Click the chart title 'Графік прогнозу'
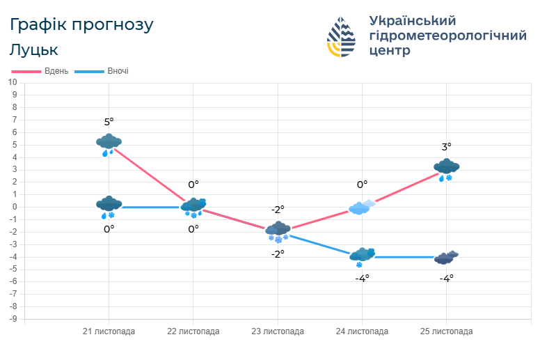pyautogui.click(x=81, y=25)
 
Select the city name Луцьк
pyautogui.click(x=34, y=50)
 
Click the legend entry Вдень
pyautogui.click(x=41, y=71)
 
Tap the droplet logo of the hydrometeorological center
pyautogui.click(x=341, y=36)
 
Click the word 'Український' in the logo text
pyautogui.click(x=412, y=20)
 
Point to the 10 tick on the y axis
pyautogui.click(x=13, y=82)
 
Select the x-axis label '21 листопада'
pyautogui.click(x=109, y=331)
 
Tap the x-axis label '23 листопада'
pyautogui.click(x=278, y=331)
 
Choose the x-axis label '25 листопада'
pyautogui.click(x=446, y=331)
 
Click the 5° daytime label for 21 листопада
pyautogui.click(x=109, y=122)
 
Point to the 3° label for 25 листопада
pyautogui.click(x=446, y=147)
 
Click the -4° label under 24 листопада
pyautogui.click(x=362, y=278)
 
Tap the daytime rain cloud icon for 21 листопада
pyautogui.click(x=109, y=144)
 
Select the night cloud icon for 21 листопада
pyautogui.click(x=109, y=206)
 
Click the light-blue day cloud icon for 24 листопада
pyautogui.click(x=362, y=207)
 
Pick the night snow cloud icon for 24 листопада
pyautogui.click(x=362, y=256)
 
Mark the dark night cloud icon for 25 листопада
pyautogui.click(x=446, y=258)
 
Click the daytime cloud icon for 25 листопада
pyautogui.click(x=446, y=169)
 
